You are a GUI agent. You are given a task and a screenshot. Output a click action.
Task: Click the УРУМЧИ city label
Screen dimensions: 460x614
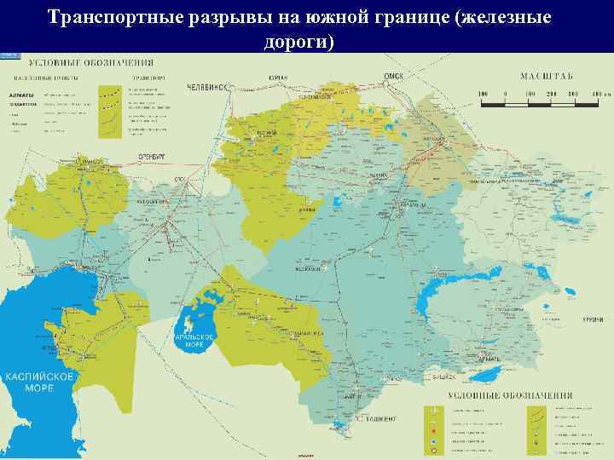pos(594,318)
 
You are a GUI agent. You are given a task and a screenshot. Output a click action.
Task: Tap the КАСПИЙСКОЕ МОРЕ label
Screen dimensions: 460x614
pos(30,381)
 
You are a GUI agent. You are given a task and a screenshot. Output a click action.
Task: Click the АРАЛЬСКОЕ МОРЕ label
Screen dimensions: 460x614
pos(193,341)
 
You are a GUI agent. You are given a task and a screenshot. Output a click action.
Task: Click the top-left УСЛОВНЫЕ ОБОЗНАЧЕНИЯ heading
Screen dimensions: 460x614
pos(91,63)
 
